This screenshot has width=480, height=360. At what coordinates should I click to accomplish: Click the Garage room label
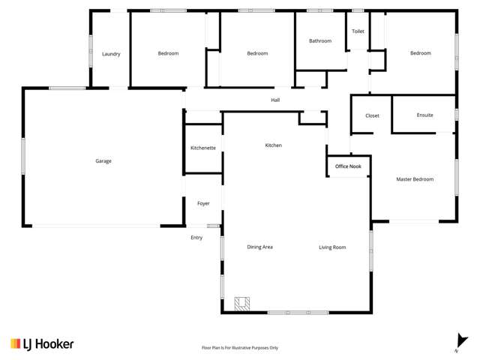[103, 161]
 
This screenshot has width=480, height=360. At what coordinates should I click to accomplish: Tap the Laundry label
[111, 54]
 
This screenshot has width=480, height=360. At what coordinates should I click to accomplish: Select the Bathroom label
[320, 40]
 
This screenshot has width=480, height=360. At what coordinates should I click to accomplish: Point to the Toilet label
[358, 32]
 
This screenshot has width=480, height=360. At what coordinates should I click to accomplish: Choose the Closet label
[373, 115]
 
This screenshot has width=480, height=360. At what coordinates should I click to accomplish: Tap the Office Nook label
[347, 166]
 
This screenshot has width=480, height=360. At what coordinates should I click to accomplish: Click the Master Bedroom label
[415, 179]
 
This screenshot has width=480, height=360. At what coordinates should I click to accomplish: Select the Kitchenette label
[203, 148]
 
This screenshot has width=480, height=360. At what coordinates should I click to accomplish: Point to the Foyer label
[203, 203]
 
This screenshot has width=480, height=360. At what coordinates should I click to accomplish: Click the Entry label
[196, 238]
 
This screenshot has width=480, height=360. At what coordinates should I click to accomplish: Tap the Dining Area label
[259, 247]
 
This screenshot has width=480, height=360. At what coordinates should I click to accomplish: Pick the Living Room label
[332, 247]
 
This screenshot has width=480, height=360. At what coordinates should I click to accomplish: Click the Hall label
[275, 100]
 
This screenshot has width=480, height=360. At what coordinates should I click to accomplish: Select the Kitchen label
[273, 145]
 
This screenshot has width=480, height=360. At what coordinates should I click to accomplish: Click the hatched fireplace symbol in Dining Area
[241, 303]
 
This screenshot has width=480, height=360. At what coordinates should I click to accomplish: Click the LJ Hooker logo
[42, 343]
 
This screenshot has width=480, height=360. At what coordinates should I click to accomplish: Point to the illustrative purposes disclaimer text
[240, 348]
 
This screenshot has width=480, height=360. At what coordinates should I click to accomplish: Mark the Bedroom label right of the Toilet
[420, 53]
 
